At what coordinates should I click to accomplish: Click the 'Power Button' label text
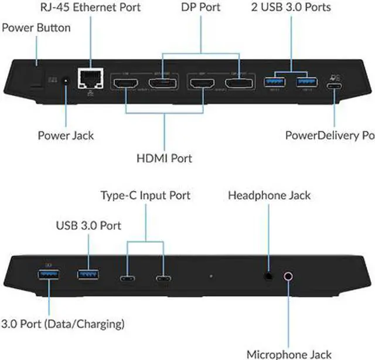pyautogui.click(x=36, y=28)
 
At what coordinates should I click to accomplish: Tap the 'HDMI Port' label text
pyautogui.click(x=165, y=158)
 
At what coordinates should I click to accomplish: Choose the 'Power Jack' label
pyautogui.click(x=66, y=135)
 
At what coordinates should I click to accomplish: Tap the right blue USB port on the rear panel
pyautogui.click(x=304, y=82)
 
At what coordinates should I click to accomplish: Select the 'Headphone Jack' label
pyautogui.click(x=270, y=195)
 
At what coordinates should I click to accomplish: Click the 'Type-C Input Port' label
pyautogui.click(x=145, y=195)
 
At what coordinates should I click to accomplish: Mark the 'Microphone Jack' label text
pyautogui.click(x=288, y=354)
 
